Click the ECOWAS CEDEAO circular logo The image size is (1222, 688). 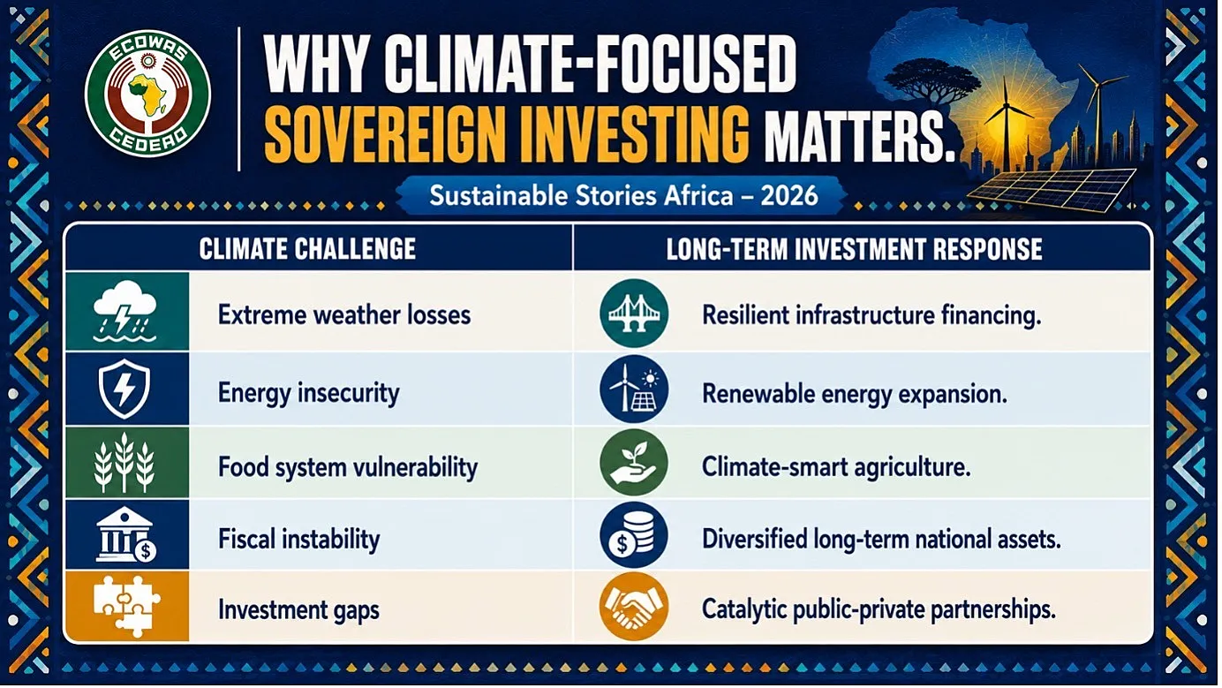pyautogui.click(x=147, y=94)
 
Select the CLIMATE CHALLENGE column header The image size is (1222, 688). pyautogui.click(x=307, y=249)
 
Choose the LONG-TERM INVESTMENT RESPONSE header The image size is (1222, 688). pyautogui.click(x=854, y=249)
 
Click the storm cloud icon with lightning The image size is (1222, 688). pyautogui.click(x=124, y=311)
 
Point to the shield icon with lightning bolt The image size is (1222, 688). pyautogui.click(x=124, y=389)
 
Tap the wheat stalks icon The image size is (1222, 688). pyautogui.click(x=124, y=463)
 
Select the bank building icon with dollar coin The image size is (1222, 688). pyautogui.click(x=126, y=534)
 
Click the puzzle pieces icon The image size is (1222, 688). pyautogui.click(x=126, y=607)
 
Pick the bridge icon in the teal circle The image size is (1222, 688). pyautogui.click(x=634, y=314)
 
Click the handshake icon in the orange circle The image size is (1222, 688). pyautogui.click(x=633, y=607)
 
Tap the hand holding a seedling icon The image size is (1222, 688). pyautogui.click(x=633, y=462)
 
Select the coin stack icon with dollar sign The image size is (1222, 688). pyautogui.click(x=633, y=535)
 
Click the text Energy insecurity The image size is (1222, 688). pyautogui.click(x=309, y=394)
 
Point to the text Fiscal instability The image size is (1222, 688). pyautogui.click(x=299, y=539)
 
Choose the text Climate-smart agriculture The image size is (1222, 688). pyautogui.click(x=836, y=467)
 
